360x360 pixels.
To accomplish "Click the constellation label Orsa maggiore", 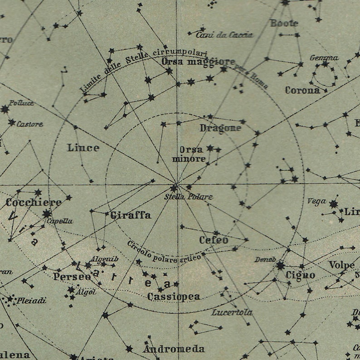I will (x=198, y=62).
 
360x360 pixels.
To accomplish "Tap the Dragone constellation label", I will (x=220, y=128).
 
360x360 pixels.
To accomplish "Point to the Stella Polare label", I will (x=188, y=197).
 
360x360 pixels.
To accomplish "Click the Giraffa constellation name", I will (x=131, y=215).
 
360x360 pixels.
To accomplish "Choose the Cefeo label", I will (x=214, y=240).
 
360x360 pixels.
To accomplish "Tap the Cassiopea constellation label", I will (x=173, y=297).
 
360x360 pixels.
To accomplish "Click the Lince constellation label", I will (x=83, y=148).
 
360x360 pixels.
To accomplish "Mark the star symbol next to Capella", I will (x=47, y=214).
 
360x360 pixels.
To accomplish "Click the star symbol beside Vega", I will (x=334, y=204).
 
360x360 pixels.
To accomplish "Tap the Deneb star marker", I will (x=281, y=265).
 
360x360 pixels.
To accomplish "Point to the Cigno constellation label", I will (x=300, y=275).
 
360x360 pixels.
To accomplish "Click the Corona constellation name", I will (x=302, y=90).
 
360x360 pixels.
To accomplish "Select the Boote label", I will (x=284, y=23).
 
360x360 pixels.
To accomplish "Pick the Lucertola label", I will (x=232, y=312).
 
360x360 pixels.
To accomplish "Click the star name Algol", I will (x=87, y=292).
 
